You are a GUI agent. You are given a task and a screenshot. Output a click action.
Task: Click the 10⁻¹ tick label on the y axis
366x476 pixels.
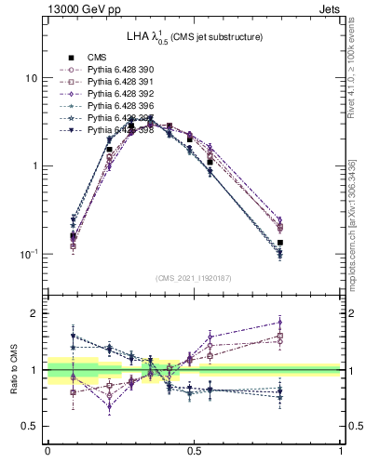tap(28, 254)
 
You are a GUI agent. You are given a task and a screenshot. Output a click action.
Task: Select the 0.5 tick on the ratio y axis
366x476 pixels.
tap(30, 426)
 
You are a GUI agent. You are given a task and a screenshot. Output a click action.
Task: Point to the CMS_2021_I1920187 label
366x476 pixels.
tap(194, 277)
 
